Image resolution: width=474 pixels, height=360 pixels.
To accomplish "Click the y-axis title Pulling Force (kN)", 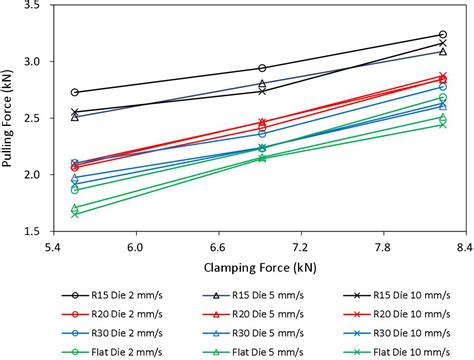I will coord(11,117).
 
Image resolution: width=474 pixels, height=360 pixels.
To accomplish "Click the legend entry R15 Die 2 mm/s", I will coord(111,295).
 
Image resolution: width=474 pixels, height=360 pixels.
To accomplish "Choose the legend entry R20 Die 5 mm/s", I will coord(254,313).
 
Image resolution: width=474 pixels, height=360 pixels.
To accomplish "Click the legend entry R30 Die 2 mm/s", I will coord(111,332).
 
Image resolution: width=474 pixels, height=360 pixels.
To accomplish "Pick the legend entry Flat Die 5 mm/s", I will coord(254,350).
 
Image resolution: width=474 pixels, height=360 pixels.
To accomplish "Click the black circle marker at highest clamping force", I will coord(443,35).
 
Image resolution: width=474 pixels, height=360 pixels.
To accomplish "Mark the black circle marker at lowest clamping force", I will coord(76,92).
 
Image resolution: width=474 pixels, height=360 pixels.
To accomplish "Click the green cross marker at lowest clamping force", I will coord(76,214).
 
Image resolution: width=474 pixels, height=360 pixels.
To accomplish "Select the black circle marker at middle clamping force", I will coord(261,68).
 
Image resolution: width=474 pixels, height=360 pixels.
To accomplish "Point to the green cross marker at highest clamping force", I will coord(443,124).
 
